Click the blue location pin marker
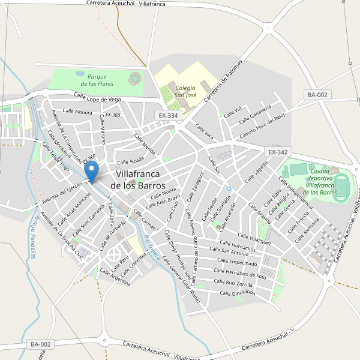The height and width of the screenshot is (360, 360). (x=92, y=172)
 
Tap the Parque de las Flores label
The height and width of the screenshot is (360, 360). (x=97, y=80)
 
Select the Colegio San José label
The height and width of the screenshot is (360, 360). (x=185, y=91)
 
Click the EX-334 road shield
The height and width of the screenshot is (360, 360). (x=168, y=115)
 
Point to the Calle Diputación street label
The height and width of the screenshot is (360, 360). (x=238, y=293)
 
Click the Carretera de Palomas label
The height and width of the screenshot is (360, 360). (x=223, y=81)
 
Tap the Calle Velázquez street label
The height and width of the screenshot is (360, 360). (x=254, y=239)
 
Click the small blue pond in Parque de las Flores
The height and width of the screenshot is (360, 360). (x=80, y=74)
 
